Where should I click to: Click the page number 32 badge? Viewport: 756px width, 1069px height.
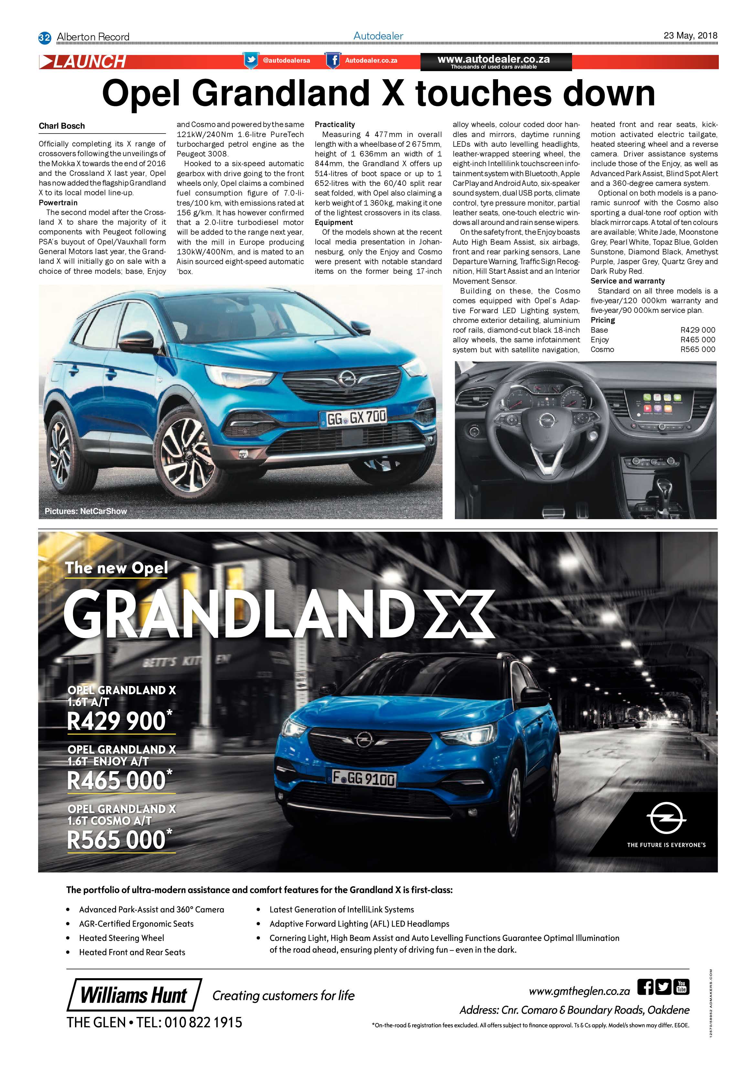click(x=44, y=37)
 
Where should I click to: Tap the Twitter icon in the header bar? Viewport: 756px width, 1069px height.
click(x=250, y=60)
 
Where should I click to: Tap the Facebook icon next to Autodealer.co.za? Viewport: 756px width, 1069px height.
click(x=332, y=60)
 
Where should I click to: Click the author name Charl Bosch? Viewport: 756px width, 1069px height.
click(x=61, y=126)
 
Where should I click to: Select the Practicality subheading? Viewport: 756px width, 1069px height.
click(x=335, y=124)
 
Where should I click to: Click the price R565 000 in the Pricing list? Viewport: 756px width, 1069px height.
click(x=697, y=349)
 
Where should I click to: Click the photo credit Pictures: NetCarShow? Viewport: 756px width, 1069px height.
click(x=86, y=511)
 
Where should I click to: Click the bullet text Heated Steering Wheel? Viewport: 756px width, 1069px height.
click(x=122, y=938)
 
